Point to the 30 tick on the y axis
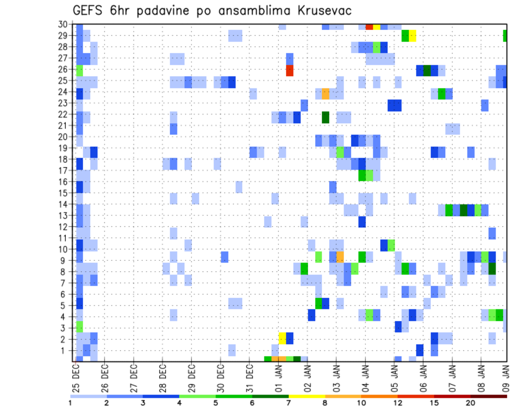[x=65, y=24]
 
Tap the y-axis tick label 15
[x=65, y=193]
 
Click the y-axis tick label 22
[x=65, y=114]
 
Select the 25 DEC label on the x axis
[x=76, y=379]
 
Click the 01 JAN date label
[x=278, y=379]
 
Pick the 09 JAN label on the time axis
[x=506, y=379]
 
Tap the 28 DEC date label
[x=163, y=379]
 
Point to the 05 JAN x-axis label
[x=394, y=379]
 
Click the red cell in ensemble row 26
[x=289, y=71]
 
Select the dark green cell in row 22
[x=325, y=117]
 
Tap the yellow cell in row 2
[x=282, y=338]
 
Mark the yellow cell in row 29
[x=412, y=36]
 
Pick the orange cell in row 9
[x=340, y=257]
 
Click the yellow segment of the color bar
[x=306, y=396]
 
